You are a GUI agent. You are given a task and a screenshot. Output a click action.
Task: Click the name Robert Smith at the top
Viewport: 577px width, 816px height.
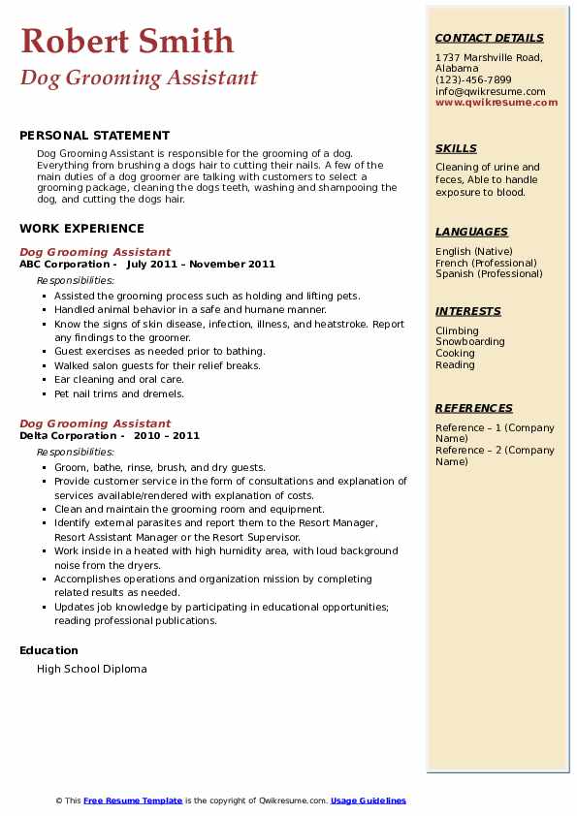tap(127, 42)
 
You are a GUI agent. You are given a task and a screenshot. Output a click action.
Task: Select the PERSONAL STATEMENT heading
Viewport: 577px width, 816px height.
tap(94, 136)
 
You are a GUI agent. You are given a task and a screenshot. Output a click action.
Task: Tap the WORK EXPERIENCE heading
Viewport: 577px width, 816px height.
tap(81, 229)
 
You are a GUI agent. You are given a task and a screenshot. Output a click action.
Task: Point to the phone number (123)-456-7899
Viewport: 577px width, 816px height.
tap(473, 80)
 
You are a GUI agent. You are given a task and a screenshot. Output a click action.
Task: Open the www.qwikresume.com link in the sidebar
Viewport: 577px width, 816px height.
tap(497, 102)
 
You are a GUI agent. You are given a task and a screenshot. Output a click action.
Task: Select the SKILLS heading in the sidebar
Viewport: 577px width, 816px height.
tap(456, 148)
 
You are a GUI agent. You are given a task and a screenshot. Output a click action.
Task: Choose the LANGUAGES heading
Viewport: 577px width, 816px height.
tap(471, 232)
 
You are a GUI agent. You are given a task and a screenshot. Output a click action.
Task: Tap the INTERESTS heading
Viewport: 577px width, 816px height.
tap(468, 311)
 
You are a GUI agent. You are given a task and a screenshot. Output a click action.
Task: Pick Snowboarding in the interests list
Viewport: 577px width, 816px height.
tap(469, 342)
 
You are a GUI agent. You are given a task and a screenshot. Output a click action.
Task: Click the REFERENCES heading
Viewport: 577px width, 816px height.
tap(473, 408)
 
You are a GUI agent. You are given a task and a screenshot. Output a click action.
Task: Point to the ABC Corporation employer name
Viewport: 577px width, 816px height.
tap(64, 264)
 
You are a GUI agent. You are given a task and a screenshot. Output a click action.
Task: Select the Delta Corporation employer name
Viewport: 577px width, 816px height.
tap(68, 435)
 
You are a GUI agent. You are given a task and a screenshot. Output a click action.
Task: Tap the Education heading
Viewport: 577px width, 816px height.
tap(48, 650)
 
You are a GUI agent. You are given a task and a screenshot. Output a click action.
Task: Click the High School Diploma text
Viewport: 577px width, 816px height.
tap(92, 669)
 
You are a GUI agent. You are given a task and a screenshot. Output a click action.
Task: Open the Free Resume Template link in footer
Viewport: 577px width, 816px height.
tap(133, 800)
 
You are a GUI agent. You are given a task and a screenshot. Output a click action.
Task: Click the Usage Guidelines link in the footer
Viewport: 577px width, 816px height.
tap(369, 800)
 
